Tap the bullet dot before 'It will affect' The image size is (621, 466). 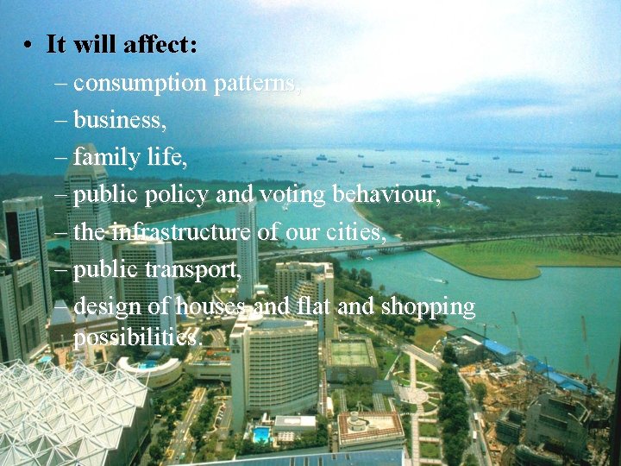tap(29, 45)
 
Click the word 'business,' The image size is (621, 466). tap(120, 121)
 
